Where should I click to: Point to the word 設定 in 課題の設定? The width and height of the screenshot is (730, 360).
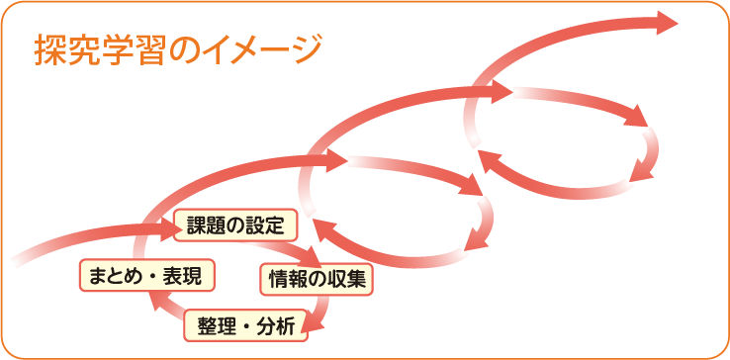point(267,225)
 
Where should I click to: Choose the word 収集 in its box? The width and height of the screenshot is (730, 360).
point(348,280)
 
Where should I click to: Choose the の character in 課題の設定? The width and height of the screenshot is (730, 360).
point(235,225)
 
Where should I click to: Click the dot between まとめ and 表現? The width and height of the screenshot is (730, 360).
point(149,277)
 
